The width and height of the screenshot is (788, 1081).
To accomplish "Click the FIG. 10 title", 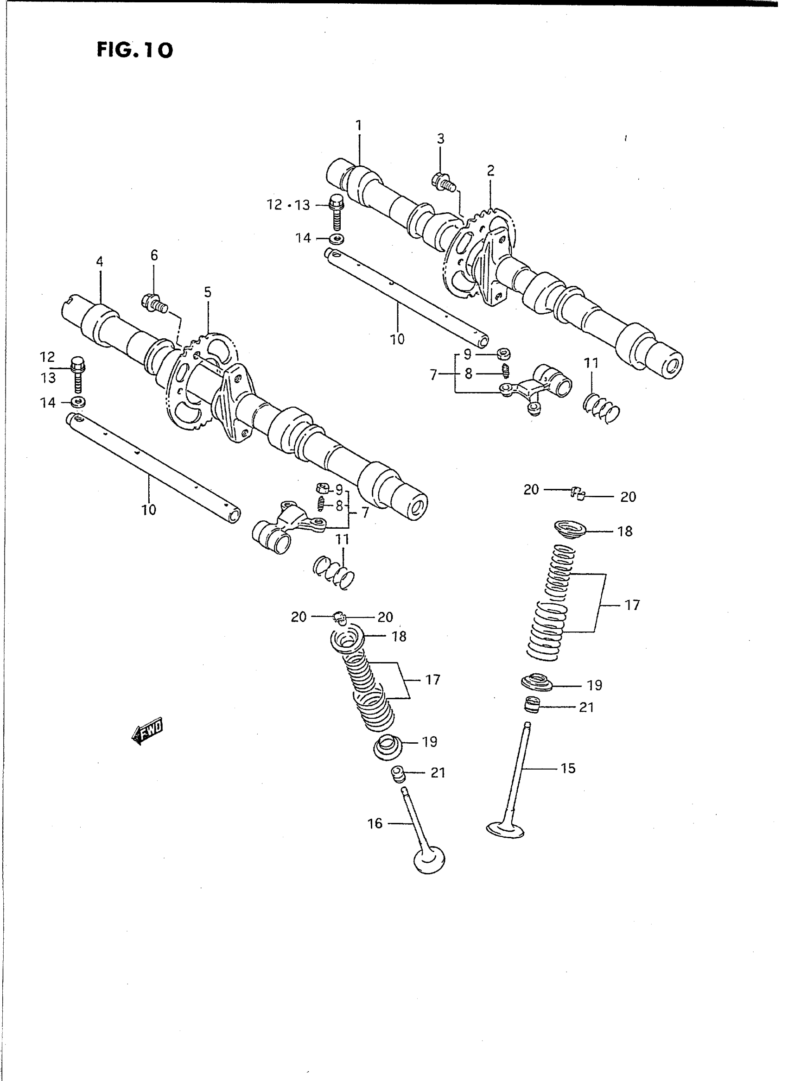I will pyautogui.click(x=134, y=50).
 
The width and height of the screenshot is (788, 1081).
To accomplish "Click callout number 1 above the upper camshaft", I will pyautogui.click(x=359, y=126).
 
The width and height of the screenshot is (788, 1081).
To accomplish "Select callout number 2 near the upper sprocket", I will pyautogui.click(x=491, y=170).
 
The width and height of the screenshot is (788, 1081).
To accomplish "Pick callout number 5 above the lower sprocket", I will pyautogui.click(x=208, y=292).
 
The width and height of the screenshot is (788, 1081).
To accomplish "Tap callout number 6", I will pyautogui.click(x=153, y=255).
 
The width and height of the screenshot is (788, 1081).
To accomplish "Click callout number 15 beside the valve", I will pyautogui.click(x=568, y=768).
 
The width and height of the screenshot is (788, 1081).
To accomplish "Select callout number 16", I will pyautogui.click(x=375, y=823).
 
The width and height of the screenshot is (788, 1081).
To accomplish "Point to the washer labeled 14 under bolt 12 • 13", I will pyautogui.click(x=337, y=238).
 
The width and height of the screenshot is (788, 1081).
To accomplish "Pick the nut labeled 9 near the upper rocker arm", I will pyautogui.click(x=503, y=354).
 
